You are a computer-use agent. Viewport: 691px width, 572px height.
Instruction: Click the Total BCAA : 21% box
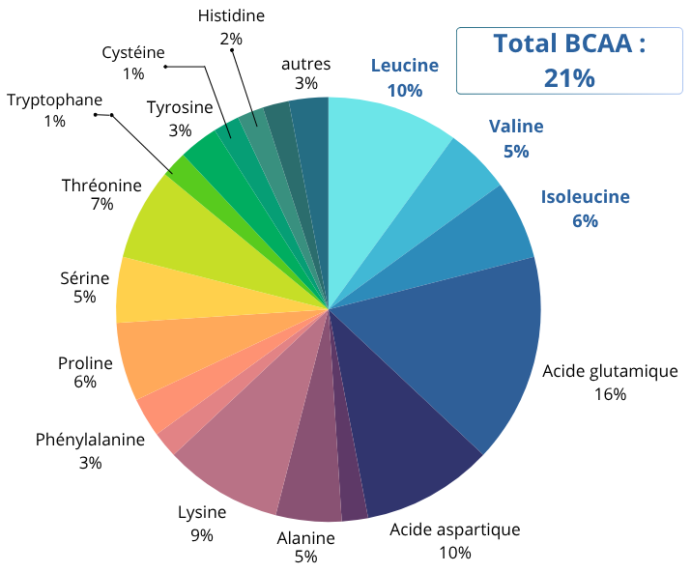[569, 60]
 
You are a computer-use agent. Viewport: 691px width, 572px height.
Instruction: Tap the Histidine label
[231, 15]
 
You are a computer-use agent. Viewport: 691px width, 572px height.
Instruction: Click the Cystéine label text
[133, 52]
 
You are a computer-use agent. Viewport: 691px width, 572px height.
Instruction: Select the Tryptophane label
[54, 100]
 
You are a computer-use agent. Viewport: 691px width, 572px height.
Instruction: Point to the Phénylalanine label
[90, 441]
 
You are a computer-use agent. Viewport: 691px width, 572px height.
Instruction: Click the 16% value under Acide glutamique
[611, 394]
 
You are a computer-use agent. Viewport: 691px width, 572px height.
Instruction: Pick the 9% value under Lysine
[202, 535]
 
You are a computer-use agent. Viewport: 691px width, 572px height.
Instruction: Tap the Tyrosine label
[180, 107]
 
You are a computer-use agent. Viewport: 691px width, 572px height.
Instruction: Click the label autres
[306, 64]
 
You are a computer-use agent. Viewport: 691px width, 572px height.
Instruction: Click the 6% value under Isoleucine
[585, 221]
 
